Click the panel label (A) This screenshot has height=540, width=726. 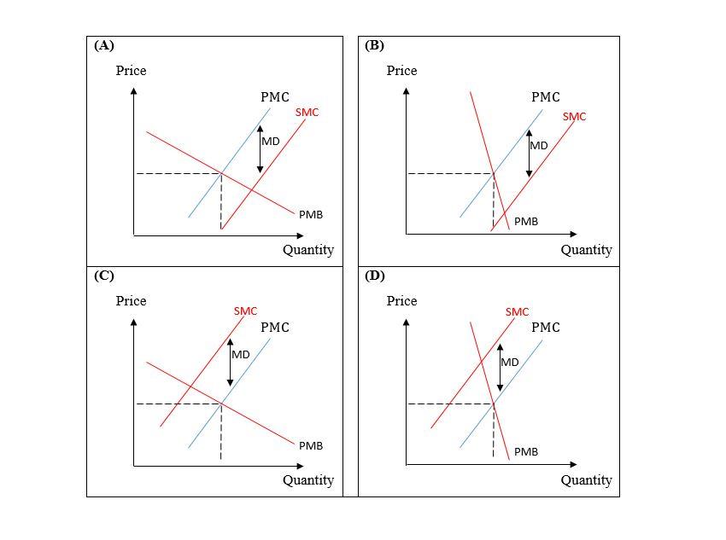tap(104, 46)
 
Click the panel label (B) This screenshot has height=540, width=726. tap(375, 46)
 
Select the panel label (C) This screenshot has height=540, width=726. tap(104, 276)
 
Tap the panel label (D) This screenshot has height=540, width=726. tap(375, 276)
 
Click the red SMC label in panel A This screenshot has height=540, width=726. tap(307, 113)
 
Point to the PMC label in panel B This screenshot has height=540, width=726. tap(546, 97)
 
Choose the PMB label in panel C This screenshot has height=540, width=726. tap(311, 445)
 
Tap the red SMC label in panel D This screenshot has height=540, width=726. tap(517, 312)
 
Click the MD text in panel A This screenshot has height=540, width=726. tap(271, 141)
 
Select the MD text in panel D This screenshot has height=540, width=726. tap(510, 363)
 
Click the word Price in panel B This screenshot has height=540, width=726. tap(401, 71)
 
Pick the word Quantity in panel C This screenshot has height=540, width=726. tap(308, 480)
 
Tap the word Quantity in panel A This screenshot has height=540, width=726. tap(308, 250)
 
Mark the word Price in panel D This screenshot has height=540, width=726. tap(401, 301)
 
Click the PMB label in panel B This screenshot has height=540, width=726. tap(526, 221)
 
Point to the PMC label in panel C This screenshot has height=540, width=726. tap(275, 328)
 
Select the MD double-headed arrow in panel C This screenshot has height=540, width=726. tap(230, 363)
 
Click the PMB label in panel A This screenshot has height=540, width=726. tap(311, 214)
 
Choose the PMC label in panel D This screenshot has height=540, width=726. tap(546, 328)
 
